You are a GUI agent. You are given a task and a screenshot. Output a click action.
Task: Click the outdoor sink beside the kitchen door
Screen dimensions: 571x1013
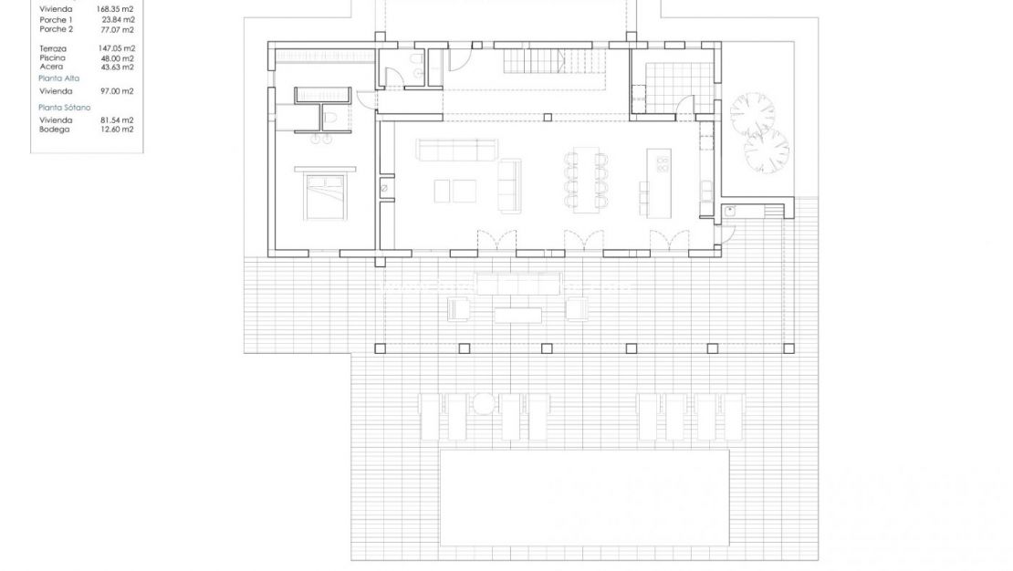[731, 211]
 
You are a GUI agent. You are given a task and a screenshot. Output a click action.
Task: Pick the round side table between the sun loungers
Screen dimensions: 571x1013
[484, 402]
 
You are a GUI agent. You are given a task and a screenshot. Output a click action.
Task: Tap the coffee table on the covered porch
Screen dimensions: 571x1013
[517, 313]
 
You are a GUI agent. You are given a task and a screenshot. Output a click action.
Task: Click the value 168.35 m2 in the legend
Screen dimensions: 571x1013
[115, 8]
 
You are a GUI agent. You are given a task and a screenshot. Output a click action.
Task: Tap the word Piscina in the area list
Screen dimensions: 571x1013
[52, 58]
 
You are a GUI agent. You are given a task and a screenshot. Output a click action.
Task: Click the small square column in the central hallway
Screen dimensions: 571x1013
[546, 117]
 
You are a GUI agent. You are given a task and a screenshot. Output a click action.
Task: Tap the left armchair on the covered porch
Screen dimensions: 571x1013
[459, 309]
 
